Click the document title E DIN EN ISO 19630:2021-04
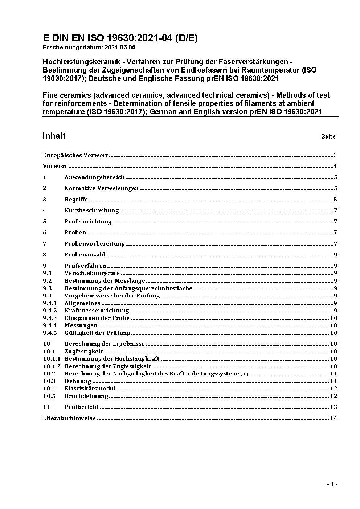click(x=120, y=38)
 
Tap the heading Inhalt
click(x=54, y=136)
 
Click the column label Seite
click(x=328, y=137)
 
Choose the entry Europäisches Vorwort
click(x=75, y=155)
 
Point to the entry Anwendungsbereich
click(x=94, y=177)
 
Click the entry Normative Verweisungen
click(x=102, y=188)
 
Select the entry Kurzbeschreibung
click(x=91, y=210)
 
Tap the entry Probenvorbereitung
click(x=95, y=244)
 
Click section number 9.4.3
click(x=50, y=318)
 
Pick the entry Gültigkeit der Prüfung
click(x=97, y=333)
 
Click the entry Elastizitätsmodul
click(x=90, y=389)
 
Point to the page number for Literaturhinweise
click(x=334, y=418)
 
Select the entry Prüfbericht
click(x=82, y=407)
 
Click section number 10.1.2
click(x=52, y=366)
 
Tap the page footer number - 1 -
click(x=332, y=484)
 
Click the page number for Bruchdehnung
click(x=334, y=396)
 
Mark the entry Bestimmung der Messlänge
click(x=105, y=281)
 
